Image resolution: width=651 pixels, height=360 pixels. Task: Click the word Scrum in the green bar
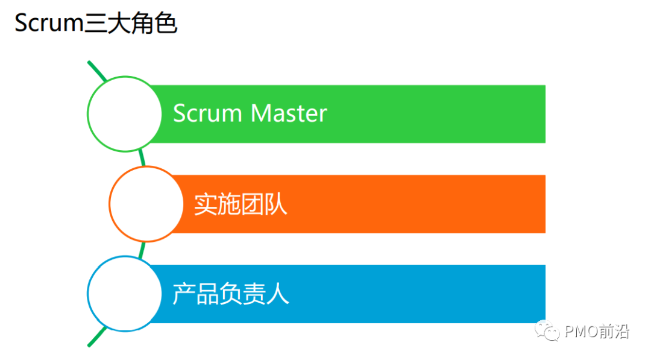(207, 113)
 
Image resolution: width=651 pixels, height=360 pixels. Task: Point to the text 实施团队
(241, 204)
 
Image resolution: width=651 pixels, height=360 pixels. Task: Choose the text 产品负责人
(231, 294)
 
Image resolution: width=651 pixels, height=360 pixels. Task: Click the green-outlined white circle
(125, 113)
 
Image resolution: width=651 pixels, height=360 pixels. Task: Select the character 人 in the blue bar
(278, 294)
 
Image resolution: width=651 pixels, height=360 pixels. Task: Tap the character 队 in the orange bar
(276, 204)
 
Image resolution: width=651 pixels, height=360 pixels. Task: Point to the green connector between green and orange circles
(142, 158)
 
